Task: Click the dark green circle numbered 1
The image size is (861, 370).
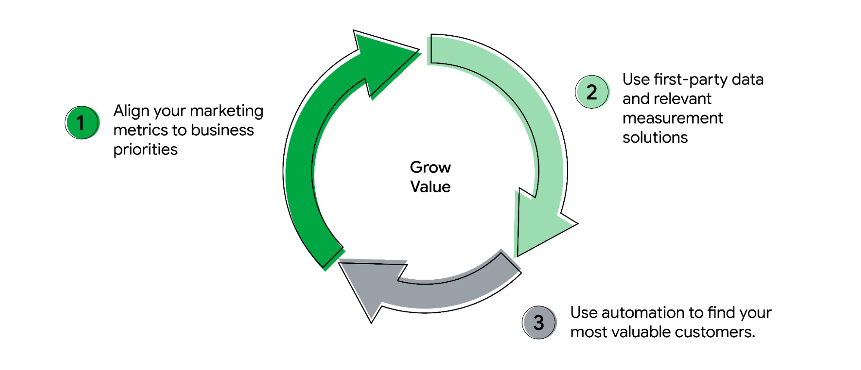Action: coord(82,123)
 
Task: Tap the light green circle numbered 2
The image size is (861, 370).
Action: coord(592,92)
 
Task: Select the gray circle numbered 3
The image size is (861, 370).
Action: coord(539,322)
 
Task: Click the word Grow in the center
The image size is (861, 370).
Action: coord(430,167)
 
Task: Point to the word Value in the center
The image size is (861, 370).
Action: coord(430,187)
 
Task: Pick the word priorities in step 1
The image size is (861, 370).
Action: coord(145,149)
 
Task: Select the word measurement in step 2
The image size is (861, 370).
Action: coord(672,118)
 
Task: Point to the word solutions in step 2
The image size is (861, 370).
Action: coord(655,138)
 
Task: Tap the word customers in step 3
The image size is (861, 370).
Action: coord(714,332)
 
